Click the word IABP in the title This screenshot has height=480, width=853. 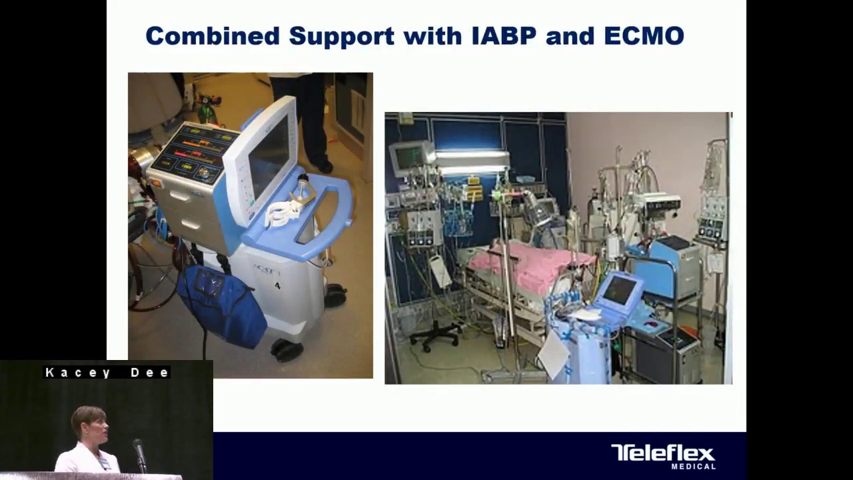pyautogui.click(x=503, y=36)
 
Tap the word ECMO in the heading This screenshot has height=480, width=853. pyautogui.click(x=644, y=36)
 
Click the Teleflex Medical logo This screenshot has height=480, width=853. pyautogui.click(x=663, y=456)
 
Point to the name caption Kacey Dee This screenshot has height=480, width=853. pyautogui.click(x=107, y=373)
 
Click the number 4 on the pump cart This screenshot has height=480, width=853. pyautogui.click(x=278, y=285)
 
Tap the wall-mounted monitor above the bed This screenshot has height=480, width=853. pyautogui.click(x=408, y=157)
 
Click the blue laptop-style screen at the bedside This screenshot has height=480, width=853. pyautogui.click(x=620, y=291)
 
